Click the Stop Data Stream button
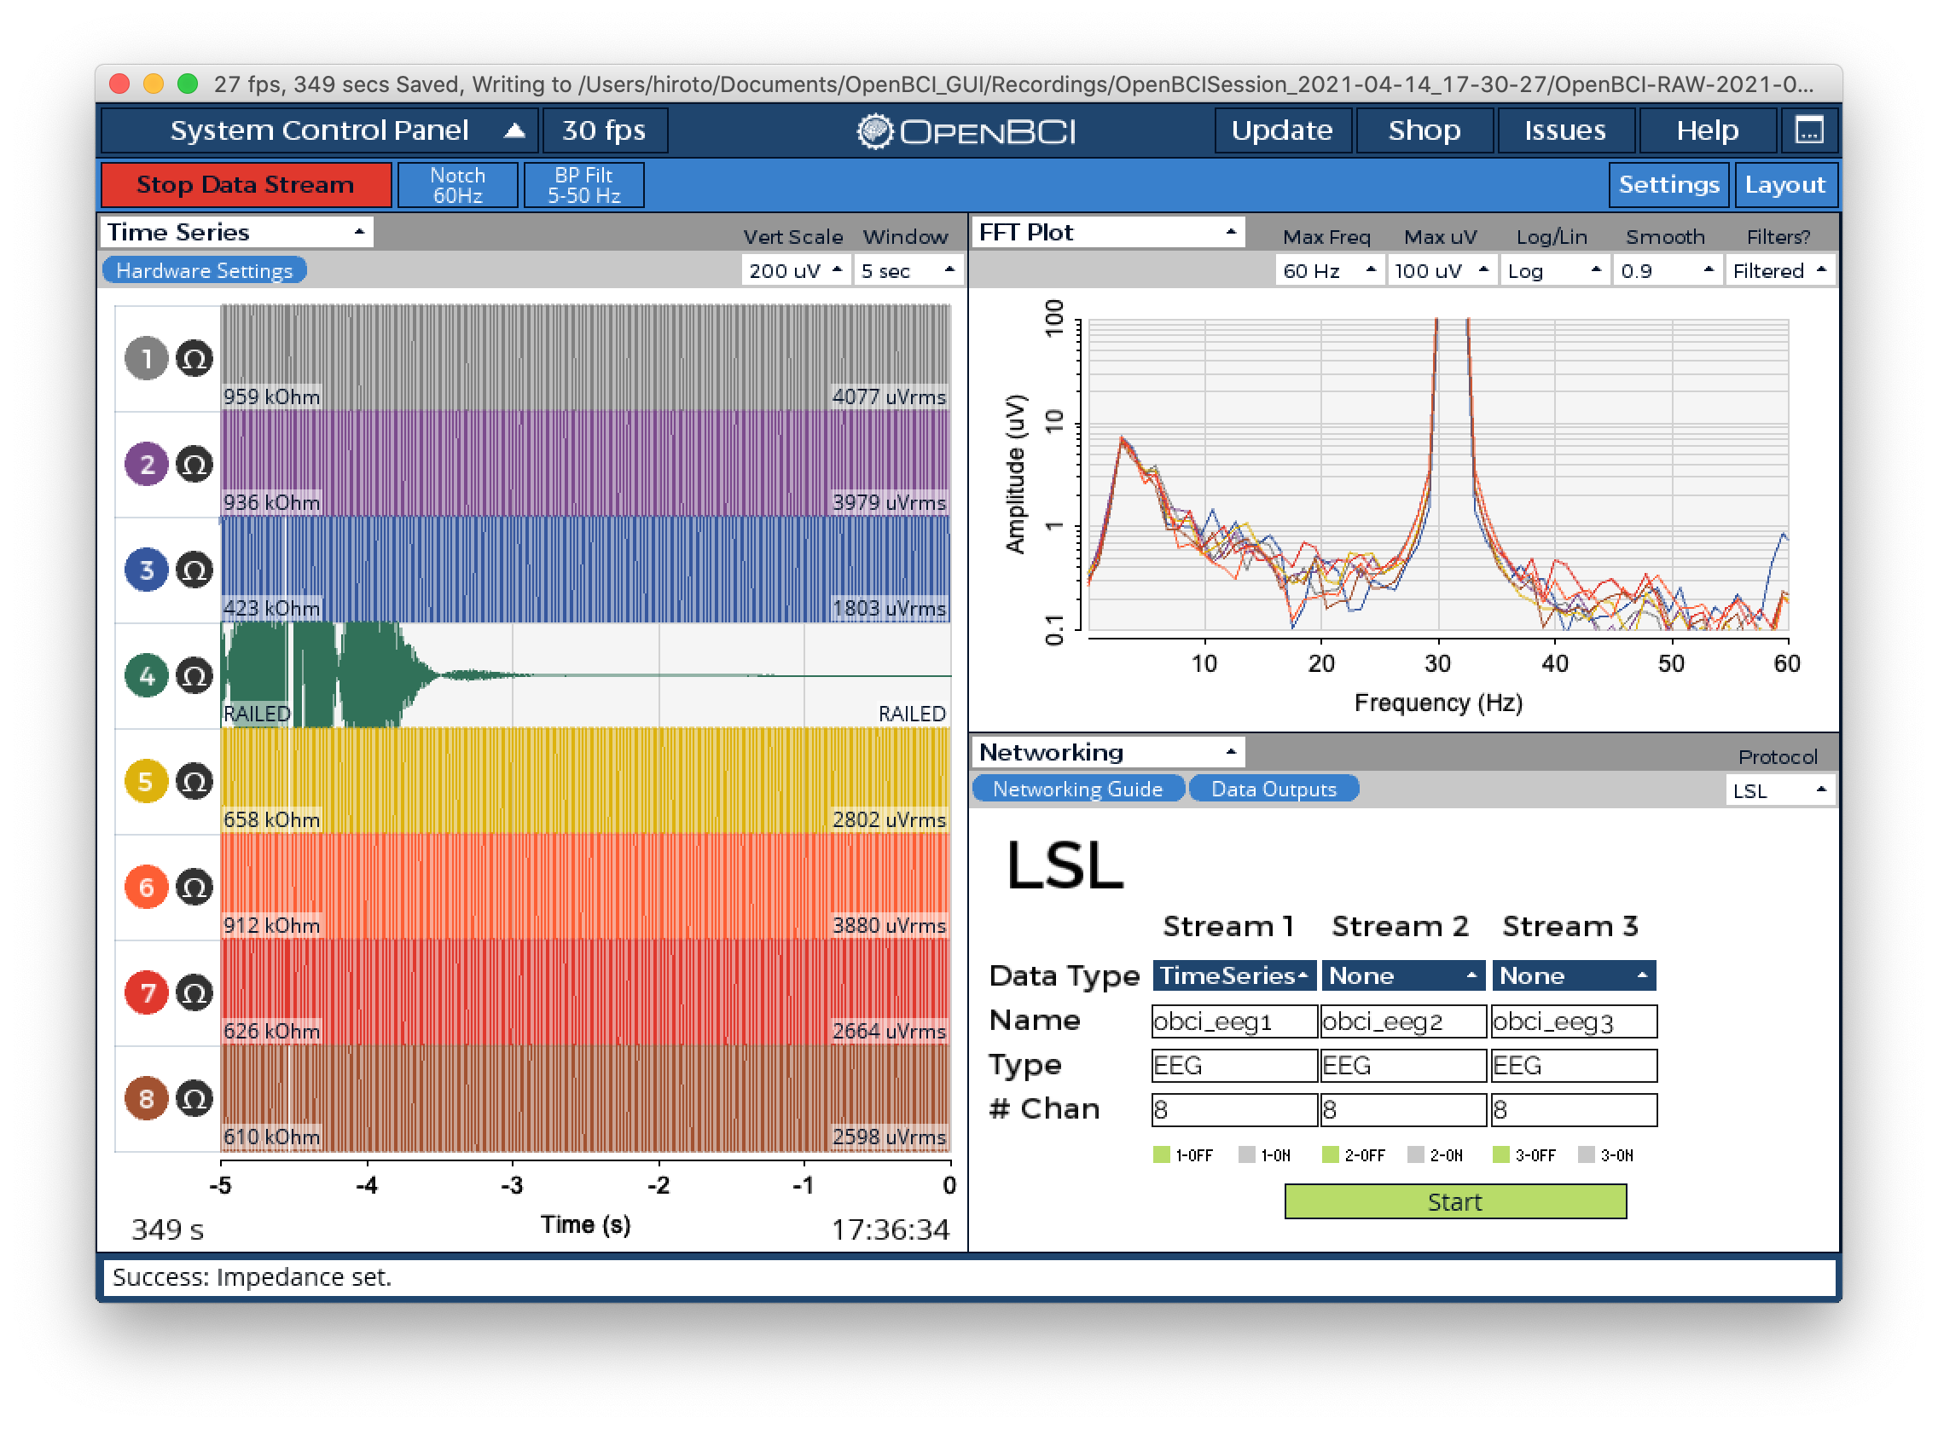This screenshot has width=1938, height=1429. (x=246, y=185)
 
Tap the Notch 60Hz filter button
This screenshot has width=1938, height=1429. (x=458, y=185)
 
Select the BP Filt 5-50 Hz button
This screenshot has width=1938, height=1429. (x=584, y=185)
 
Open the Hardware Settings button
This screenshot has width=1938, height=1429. (x=204, y=271)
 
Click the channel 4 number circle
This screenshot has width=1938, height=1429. (x=146, y=675)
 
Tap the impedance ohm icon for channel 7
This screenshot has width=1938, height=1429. (x=194, y=993)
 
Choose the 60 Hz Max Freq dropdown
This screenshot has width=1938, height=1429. (x=1329, y=271)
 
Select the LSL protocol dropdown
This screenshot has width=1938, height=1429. (x=1780, y=790)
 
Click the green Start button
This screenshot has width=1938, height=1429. (x=1455, y=1201)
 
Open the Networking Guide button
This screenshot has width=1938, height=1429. (x=1077, y=789)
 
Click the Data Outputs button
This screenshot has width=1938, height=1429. (x=1274, y=789)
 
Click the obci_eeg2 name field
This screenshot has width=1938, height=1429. (x=1403, y=1021)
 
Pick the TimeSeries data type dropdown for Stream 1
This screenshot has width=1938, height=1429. (x=1233, y=975)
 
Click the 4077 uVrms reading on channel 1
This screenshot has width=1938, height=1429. (x=889, y=397)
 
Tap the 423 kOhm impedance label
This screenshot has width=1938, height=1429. (x=271, y=609)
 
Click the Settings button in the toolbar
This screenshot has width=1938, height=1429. (x=1669, y=185)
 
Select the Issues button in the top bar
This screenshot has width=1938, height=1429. (x=1565, y=130)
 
